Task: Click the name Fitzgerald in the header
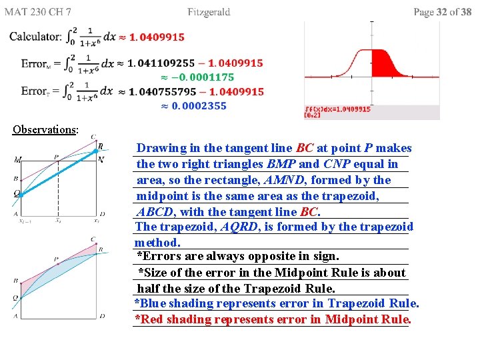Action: pyautogui.click(x=209, y=12)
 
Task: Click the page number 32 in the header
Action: pyautogui.click(x=441, y=12)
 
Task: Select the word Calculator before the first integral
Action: pyautogui.click(x=35, y=37)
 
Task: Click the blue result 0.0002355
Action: pyautogui.click(x=199, y=105)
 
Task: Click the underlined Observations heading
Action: pyautogui.click(x=45, y=129)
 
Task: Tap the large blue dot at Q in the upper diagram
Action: pyautogui.click(x=19, y=194)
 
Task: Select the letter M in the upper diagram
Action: pyautogui.click(x=16, y=160)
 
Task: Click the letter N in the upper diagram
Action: pyautogui.click(x=101, y=159)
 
